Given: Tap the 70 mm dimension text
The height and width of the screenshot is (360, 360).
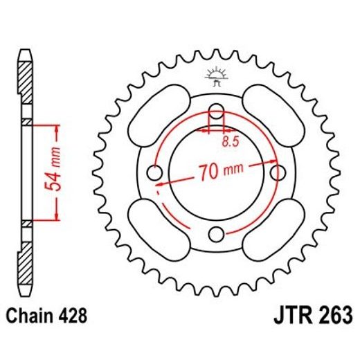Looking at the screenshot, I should coord(216,171).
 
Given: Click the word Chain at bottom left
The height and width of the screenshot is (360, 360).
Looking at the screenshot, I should coord(33,316).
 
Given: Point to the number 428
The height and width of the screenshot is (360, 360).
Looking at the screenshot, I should coord(73,316).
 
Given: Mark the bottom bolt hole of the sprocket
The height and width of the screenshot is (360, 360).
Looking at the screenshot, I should coord(217,232).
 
